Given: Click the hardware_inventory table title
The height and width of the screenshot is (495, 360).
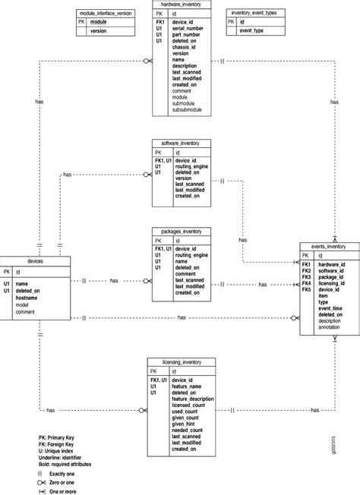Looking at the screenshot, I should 181,5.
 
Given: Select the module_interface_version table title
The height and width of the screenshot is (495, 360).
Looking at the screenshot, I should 105,14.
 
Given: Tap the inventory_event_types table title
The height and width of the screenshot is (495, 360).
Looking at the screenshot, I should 254,14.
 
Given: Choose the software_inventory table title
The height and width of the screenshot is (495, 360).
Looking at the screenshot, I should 181,142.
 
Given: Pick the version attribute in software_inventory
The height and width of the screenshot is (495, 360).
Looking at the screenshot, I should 185,178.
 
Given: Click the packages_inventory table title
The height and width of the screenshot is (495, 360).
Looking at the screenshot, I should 181,231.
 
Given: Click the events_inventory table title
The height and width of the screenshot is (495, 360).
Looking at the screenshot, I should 328,246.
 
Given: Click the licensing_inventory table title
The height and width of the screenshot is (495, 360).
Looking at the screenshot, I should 181,363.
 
